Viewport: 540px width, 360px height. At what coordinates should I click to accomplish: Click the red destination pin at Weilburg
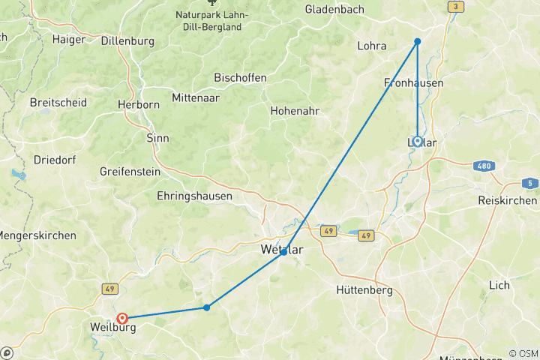point(122,319)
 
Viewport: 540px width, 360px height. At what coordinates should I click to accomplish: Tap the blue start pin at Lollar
point(417,141)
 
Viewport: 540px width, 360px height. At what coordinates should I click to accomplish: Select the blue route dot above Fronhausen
point(418,41)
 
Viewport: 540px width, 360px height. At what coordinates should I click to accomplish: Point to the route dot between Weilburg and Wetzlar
point(206,307)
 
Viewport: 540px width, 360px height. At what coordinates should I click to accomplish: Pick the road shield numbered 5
point(529,183)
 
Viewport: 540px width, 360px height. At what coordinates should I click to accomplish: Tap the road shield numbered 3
point(454,7)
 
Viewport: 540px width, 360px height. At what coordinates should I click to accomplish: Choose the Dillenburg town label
point(127,41)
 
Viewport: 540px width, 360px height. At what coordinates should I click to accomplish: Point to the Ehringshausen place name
point(194,195)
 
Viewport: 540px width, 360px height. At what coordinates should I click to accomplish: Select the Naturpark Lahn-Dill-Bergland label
point(208,21)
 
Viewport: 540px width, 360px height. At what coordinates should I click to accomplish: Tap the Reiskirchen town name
point(508,200)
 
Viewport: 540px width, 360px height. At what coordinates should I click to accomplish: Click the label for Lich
point(499,285)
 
